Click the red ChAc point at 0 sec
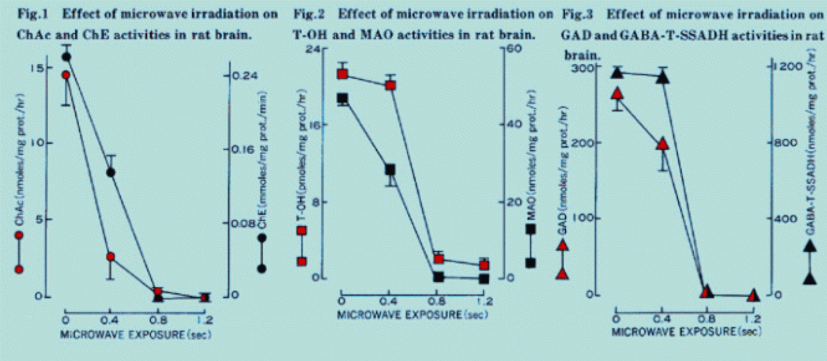point(66,75)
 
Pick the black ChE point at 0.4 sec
point(111,172)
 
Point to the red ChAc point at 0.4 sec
point(111,257)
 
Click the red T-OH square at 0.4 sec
point(390,85)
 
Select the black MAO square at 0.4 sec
point(390,170)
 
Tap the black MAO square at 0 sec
point(342,99)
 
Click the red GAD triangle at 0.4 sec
point(663,144)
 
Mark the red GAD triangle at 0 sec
point(617,94)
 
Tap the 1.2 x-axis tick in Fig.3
point(754,319)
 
